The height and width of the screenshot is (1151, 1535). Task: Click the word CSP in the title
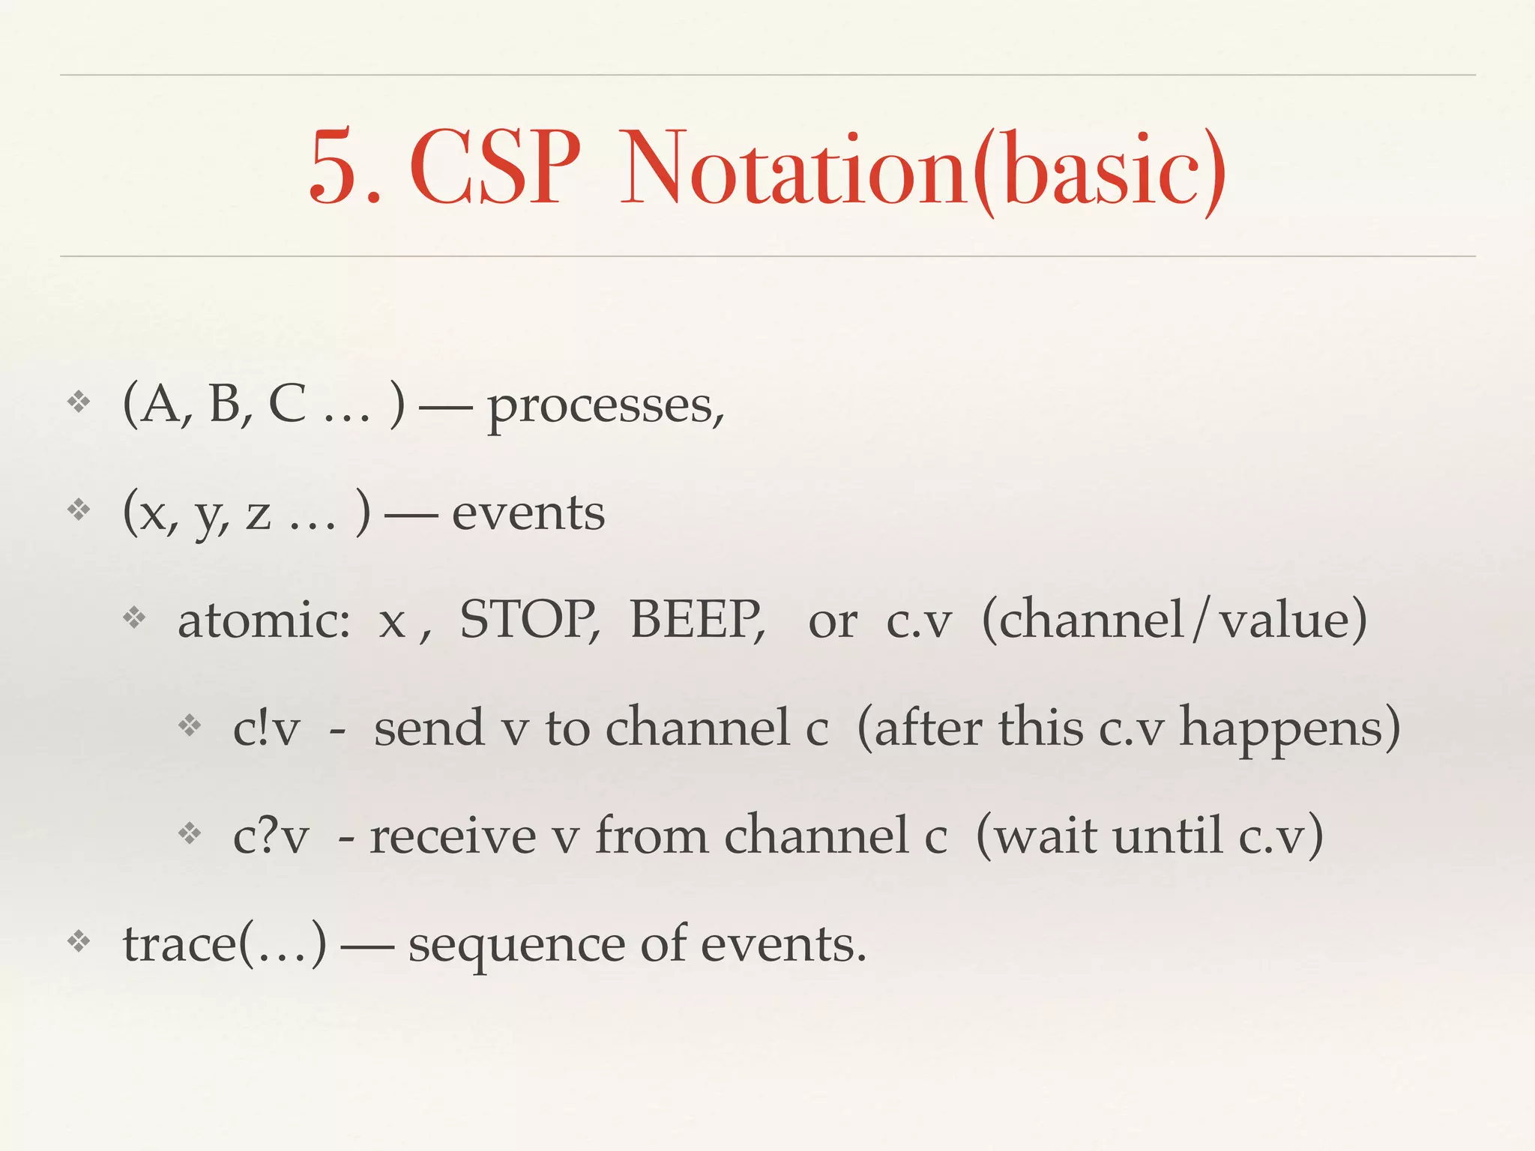tap(495, 168)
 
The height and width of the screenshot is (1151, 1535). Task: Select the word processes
tap(606, 407)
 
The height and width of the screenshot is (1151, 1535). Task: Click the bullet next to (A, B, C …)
tap(79, 403)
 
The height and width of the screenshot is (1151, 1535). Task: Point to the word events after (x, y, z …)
tap(528, 514)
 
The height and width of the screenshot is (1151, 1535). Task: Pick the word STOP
tap(528, 620)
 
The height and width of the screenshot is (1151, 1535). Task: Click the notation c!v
tap(266, 729)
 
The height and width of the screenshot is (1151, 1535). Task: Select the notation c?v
tap(271, 837)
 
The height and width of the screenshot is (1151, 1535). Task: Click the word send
tap(429, 729)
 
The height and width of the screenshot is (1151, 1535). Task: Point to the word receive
tap(453, 837)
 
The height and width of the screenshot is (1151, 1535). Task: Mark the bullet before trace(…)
tap(79, 941)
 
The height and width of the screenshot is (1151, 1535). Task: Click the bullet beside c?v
tap(190, 833)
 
